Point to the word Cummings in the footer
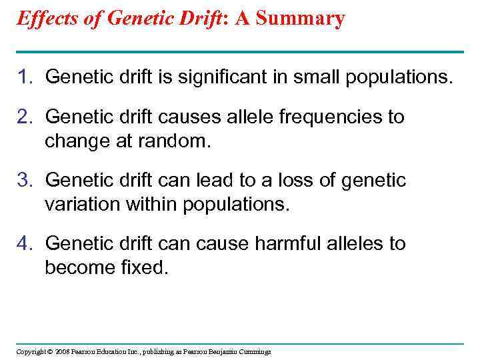[x=254, y=351]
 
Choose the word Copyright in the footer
[x=31, y=351]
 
